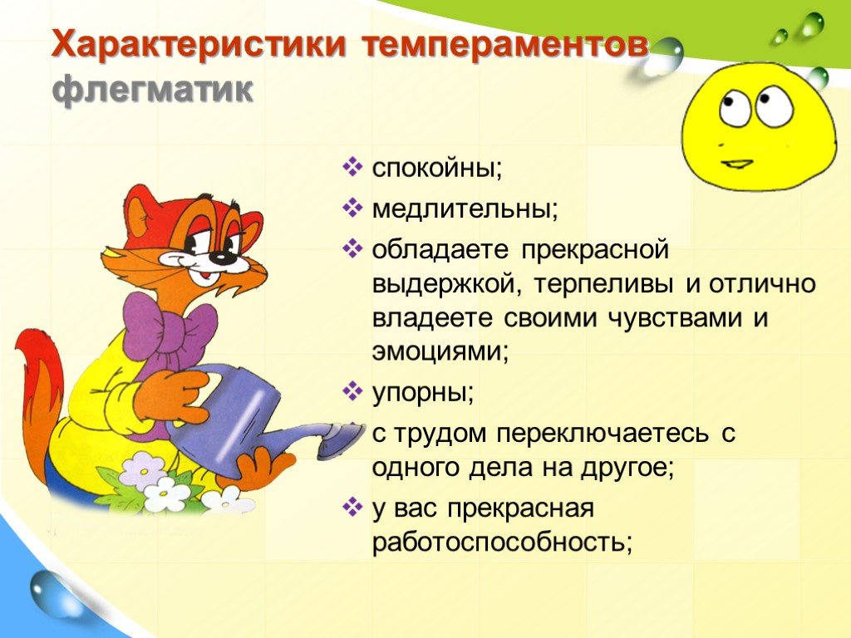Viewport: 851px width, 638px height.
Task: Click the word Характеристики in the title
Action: point(198,45)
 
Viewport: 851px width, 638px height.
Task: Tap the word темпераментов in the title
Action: point(504,46)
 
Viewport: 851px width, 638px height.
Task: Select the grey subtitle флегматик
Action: point(153,90)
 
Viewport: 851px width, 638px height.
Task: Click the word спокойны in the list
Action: point(437,169)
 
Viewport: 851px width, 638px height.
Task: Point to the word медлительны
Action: point(465,209)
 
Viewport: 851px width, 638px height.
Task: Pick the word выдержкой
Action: point(447,284)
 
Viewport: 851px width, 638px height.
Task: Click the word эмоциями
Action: point(440,351)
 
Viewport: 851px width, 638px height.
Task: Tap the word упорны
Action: point(423,393)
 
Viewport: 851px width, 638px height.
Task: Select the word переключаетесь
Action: point(603,434)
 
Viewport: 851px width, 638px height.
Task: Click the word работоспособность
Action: point(502,542)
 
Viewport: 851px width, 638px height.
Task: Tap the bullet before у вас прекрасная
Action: point(352,508)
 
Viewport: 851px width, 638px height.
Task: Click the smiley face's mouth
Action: point(736,164)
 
